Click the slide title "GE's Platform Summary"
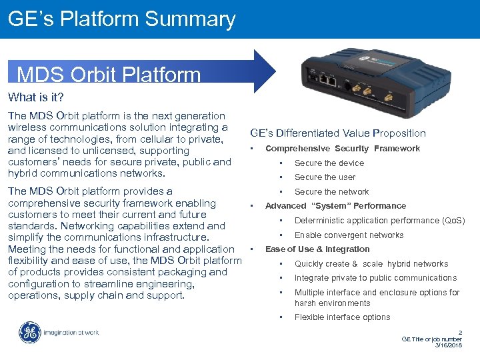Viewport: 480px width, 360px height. (x=122, y=19)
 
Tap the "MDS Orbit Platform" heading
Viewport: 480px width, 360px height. (x=109, y=73)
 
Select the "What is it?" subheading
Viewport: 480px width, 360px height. (x=36, y=97)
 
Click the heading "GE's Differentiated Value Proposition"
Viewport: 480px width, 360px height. (x=337, y=133)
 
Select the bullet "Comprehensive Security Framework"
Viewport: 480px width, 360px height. (x=342, y=149)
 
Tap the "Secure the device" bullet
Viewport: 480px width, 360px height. (x=329, y=163)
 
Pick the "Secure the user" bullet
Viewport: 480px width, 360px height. (x=325, y=177)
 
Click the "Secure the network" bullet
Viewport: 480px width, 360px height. (x=331, y=192)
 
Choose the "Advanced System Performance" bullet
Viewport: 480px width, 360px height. (x=335, y=206)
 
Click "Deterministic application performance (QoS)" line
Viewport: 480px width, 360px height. (x=379, y=221)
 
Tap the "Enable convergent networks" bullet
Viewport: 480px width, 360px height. (x=349, y=235)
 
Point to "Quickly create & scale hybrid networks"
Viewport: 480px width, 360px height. (x=371, y=264)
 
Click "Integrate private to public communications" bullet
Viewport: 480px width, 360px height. (x=375, y=278)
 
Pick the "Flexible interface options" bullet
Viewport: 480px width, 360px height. (x=342, y=317)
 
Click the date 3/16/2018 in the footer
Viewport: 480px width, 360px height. (x=448, y=345)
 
